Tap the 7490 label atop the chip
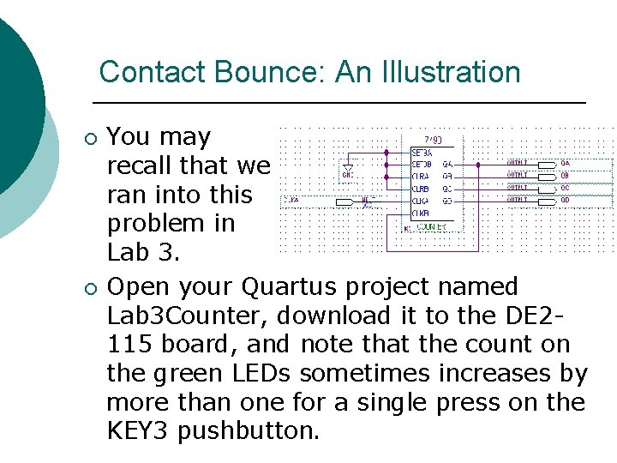435,139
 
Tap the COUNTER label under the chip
431,227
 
